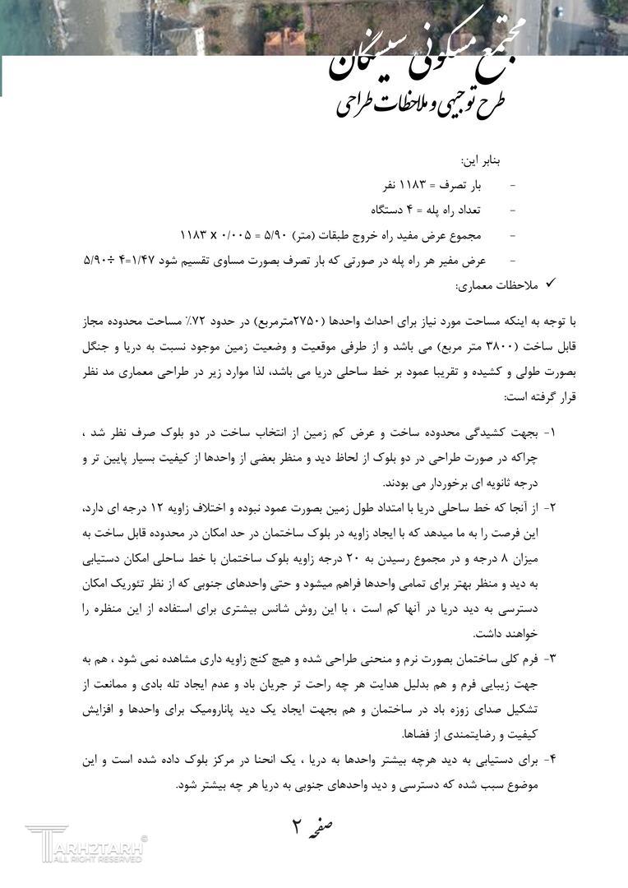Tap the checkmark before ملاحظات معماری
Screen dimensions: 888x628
pos(551,284)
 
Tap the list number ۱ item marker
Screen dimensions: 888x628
pos(550,432)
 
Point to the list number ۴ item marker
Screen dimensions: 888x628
pos(550,760)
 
